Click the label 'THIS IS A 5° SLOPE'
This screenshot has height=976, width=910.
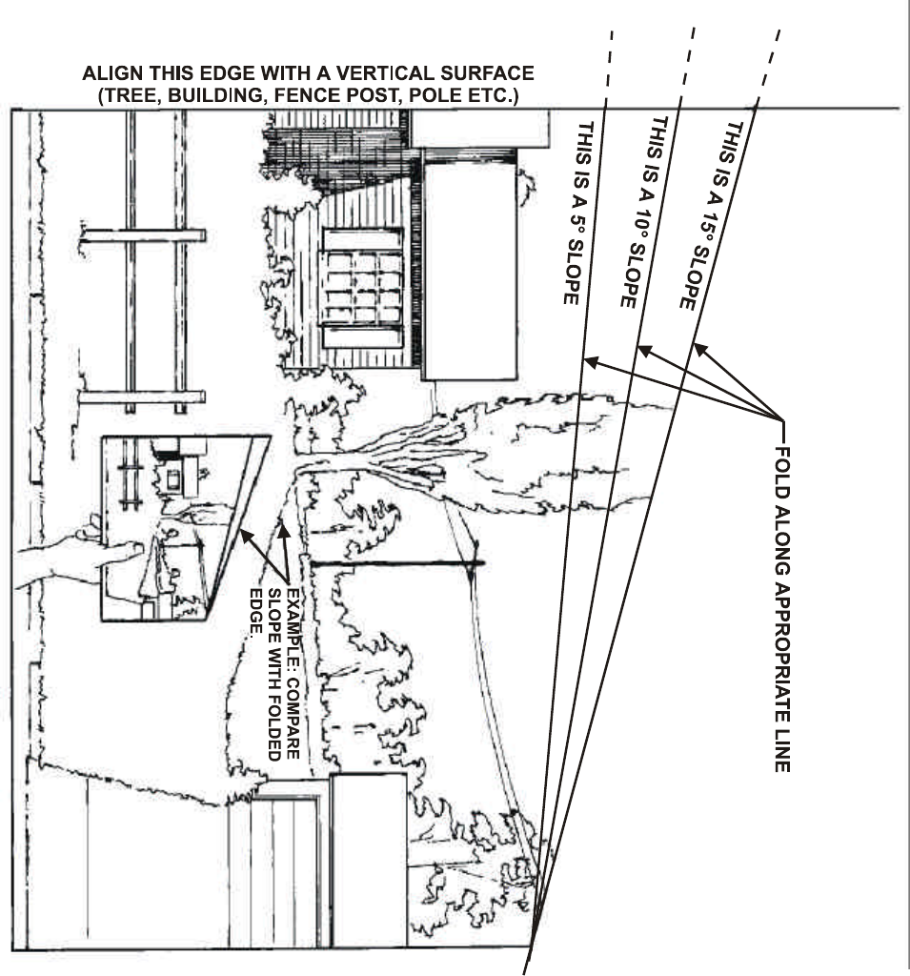coord(577,212)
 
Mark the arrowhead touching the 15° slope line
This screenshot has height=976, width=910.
coord(698,348)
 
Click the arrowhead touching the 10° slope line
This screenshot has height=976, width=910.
coord(643,352)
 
